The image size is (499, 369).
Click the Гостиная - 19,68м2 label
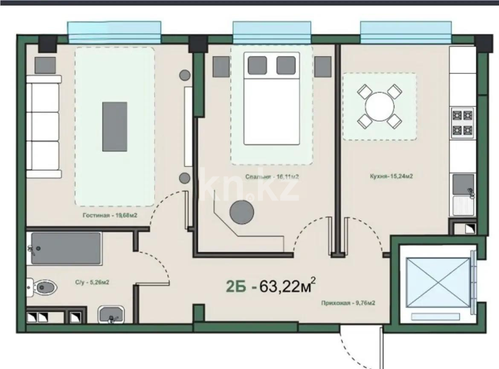coord(110,216)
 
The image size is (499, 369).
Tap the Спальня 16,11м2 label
coord(270,176)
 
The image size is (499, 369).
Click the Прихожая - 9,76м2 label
coord(348,303)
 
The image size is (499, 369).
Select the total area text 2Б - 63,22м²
coord(271,286)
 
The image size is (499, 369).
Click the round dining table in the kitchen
coord(379,107)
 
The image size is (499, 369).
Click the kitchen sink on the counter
coord(463,184)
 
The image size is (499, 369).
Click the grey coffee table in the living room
coord(114,126)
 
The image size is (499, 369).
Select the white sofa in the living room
coord(43,127)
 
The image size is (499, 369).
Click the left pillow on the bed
coord(257,65)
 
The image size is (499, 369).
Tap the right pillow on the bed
coord(286,65)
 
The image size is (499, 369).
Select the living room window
coord(114,33)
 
